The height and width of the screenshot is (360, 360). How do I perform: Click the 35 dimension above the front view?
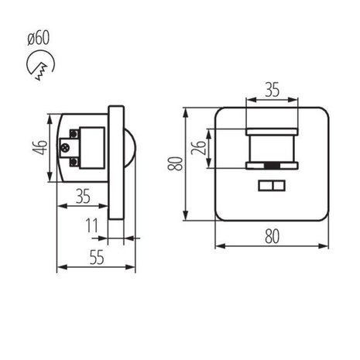[x=271, y=90]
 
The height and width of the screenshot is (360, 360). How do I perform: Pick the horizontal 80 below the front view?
[x=271, y=237]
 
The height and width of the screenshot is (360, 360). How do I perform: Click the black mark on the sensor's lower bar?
[x=271, y=166]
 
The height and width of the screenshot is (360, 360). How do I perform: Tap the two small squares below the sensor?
[x=271, y=186]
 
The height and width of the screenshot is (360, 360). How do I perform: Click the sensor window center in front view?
[x=271, y=147]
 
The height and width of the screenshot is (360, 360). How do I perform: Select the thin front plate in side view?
[x=115, y=163]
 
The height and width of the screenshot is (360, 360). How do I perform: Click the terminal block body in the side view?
[x=91, y=148]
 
